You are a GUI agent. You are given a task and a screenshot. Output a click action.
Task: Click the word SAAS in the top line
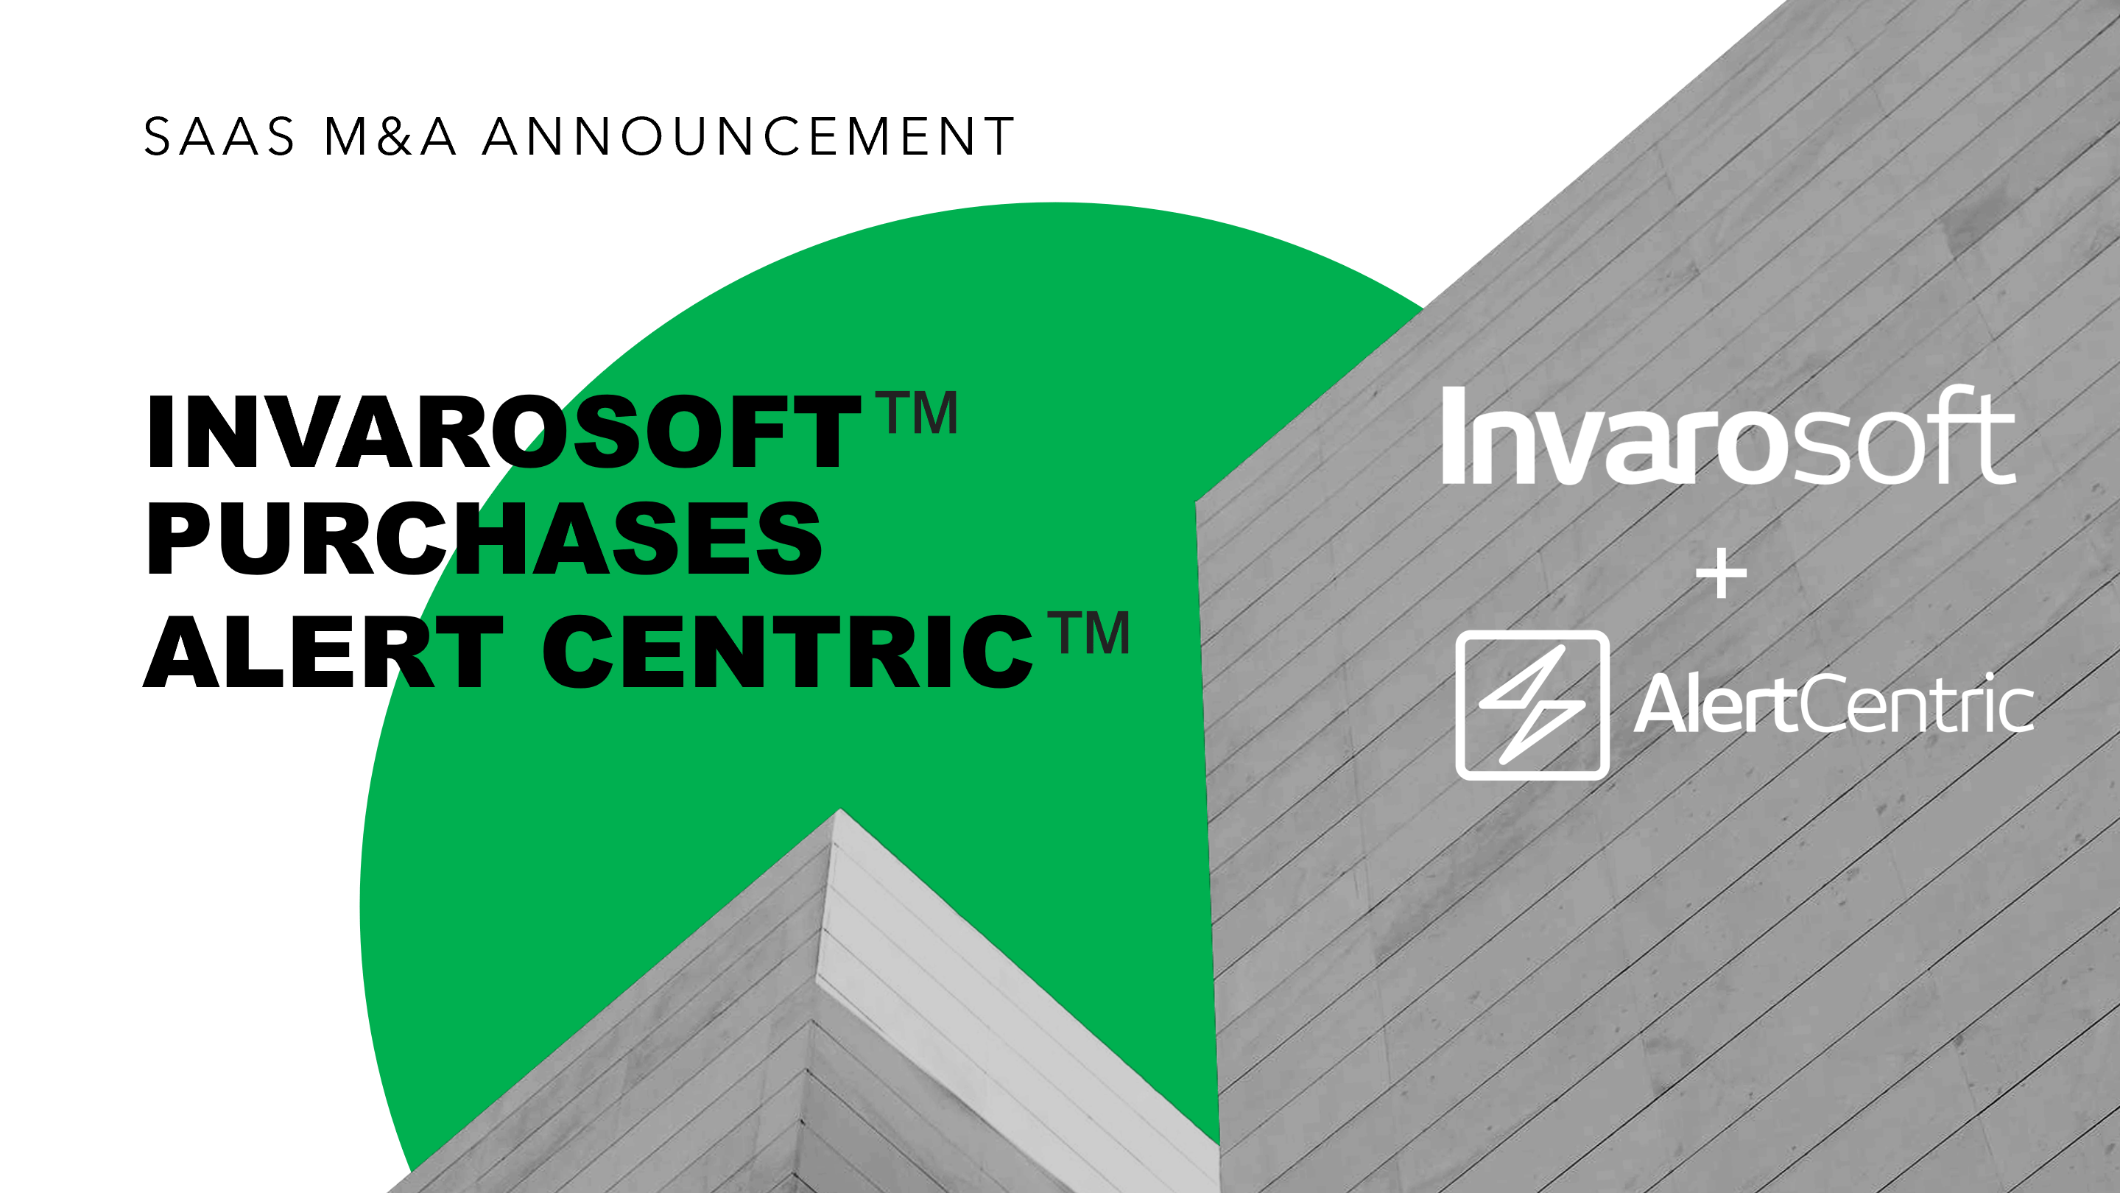(x=219, y=136)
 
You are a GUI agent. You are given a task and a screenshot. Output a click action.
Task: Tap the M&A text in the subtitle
(x=390, y=136)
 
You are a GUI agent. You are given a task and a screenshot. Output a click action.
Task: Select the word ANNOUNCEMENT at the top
(x=749, y=136)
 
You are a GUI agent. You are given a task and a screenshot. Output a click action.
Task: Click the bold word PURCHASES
(x=484, y=539)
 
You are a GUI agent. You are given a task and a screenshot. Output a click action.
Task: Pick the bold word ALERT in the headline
(x=323, y=651)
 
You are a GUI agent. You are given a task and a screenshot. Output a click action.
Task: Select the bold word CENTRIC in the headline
(x=788, y=651)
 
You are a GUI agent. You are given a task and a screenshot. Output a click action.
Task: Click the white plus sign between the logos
(x=1722, y=574)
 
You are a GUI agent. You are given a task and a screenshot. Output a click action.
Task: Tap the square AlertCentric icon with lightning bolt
(x=1532, y=705)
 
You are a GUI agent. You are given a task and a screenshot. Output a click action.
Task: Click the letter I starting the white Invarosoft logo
(x=1454, y=435)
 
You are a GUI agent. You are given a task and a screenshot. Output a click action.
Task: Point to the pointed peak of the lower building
(x=839, y=810)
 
